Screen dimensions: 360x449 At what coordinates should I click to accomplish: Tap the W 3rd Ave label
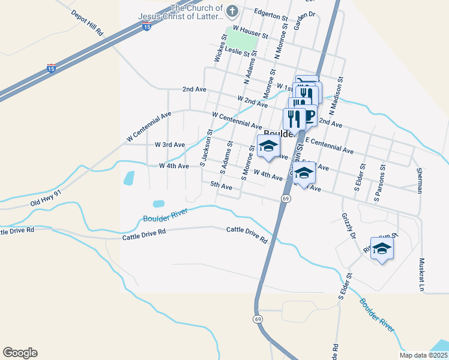click(x=170, y=145)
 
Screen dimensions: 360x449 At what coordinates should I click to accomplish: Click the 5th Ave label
click(x=221, y=186)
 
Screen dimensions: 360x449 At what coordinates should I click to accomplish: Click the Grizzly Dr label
click(x=348, y=226)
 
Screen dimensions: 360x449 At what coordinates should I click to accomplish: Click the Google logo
click(x=20, y=353)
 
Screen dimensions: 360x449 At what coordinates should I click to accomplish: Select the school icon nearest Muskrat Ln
click(x=381, y=248)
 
